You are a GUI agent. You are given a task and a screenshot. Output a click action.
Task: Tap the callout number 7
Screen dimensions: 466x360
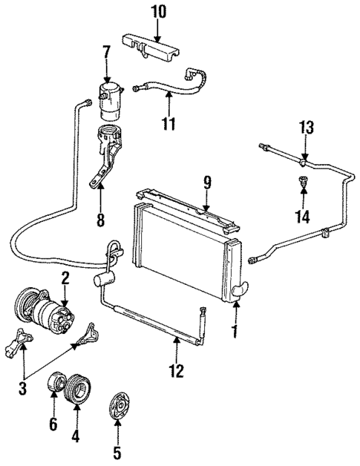point(106,53)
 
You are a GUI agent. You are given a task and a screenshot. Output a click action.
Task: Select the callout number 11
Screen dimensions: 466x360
point(169,122)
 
